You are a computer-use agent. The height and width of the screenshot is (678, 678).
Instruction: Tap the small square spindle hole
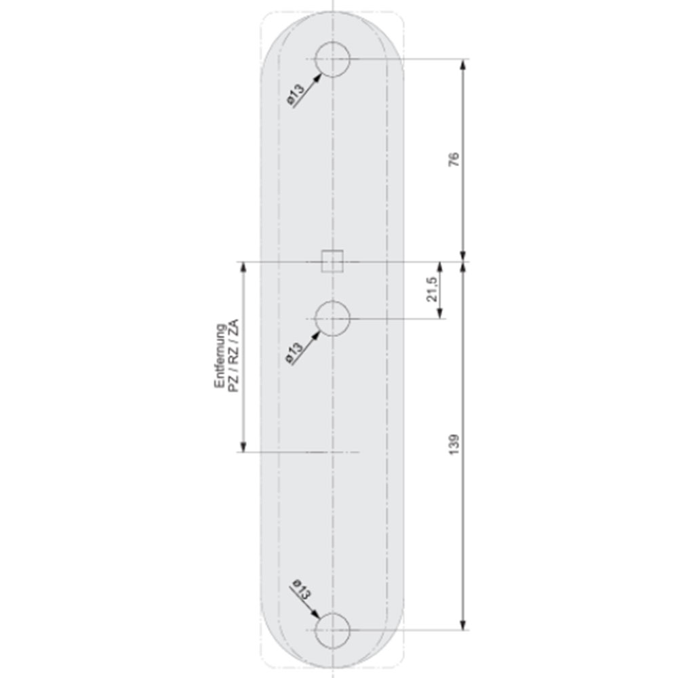point(332,251)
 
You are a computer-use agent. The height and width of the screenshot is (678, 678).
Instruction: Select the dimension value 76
point(454,159)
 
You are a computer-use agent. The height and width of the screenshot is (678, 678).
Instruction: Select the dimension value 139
point(454,444)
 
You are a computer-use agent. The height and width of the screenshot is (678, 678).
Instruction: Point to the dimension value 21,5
point(432,289)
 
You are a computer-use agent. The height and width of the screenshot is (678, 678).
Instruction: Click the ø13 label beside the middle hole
point(294,353)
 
